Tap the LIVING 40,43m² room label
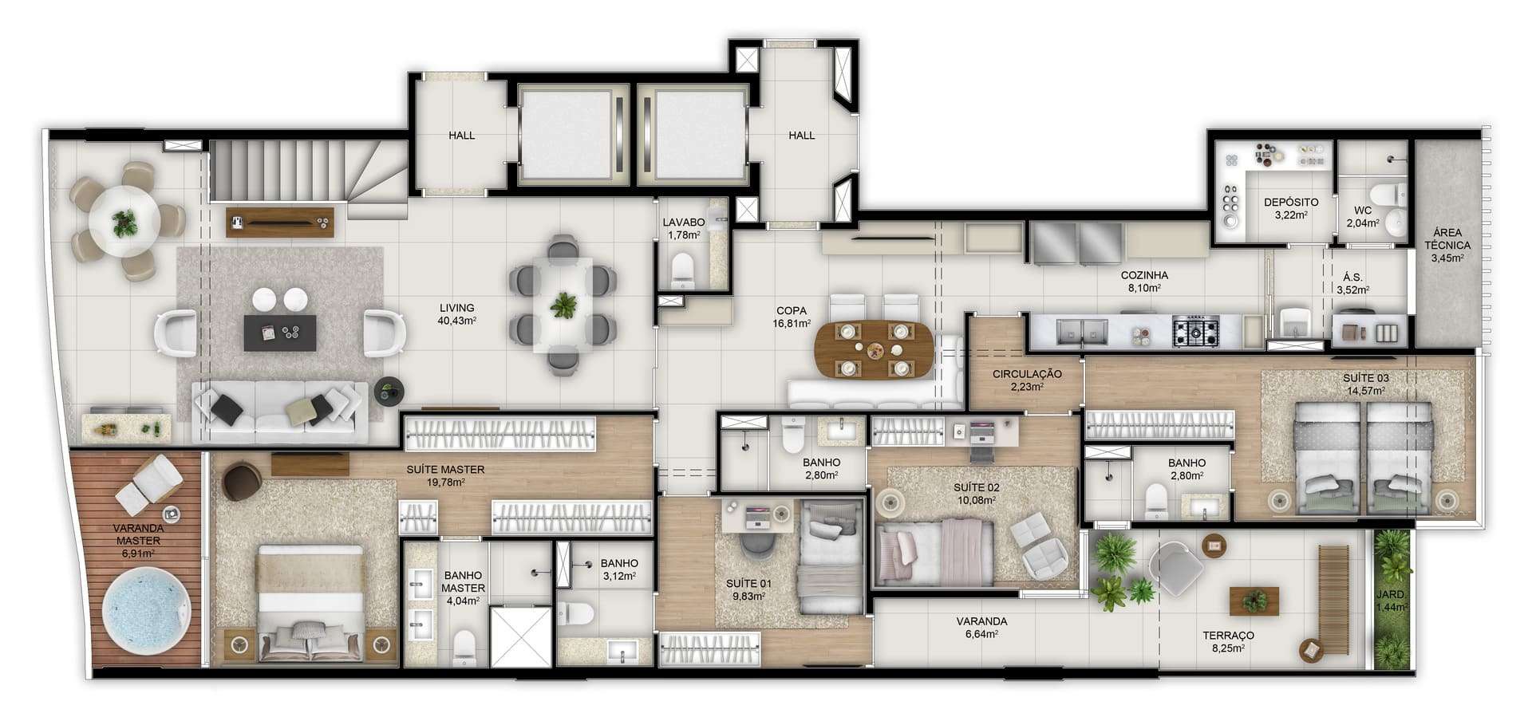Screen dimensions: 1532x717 457,314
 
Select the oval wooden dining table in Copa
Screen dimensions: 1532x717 874,349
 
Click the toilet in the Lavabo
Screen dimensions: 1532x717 684,270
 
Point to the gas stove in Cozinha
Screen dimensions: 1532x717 1195,331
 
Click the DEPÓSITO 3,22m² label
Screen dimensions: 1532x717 1290,208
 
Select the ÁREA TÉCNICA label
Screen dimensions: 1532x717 1448,239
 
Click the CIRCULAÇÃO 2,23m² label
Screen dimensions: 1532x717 1026,380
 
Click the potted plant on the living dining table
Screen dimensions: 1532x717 564,304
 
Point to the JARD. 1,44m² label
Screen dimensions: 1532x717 1392,601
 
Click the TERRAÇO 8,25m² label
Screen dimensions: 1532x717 1228,642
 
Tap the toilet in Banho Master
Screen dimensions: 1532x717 464,648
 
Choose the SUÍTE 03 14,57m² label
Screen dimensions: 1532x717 1366,384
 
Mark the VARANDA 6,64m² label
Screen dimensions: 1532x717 981,628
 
